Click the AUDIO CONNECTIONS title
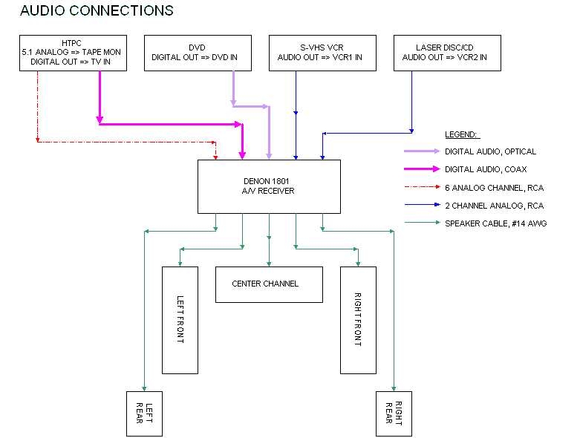click(97, 10)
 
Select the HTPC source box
click(72, 53)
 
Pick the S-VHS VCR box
click(320, 53)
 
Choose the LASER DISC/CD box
click(444, 53)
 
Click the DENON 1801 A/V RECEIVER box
click(268, 186)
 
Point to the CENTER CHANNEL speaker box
click(269, 284)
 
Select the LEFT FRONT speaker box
click(179, 320)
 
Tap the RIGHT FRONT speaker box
click(357, 320)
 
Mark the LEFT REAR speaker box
click(144, 414)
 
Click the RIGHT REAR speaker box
click(394, 414)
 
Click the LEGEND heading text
click(462, 135)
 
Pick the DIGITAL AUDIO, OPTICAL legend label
click(490, 151)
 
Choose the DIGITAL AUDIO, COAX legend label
click(485, 169)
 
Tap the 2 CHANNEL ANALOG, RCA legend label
click(494, 205)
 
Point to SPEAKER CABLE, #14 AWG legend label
click(495, 223)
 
